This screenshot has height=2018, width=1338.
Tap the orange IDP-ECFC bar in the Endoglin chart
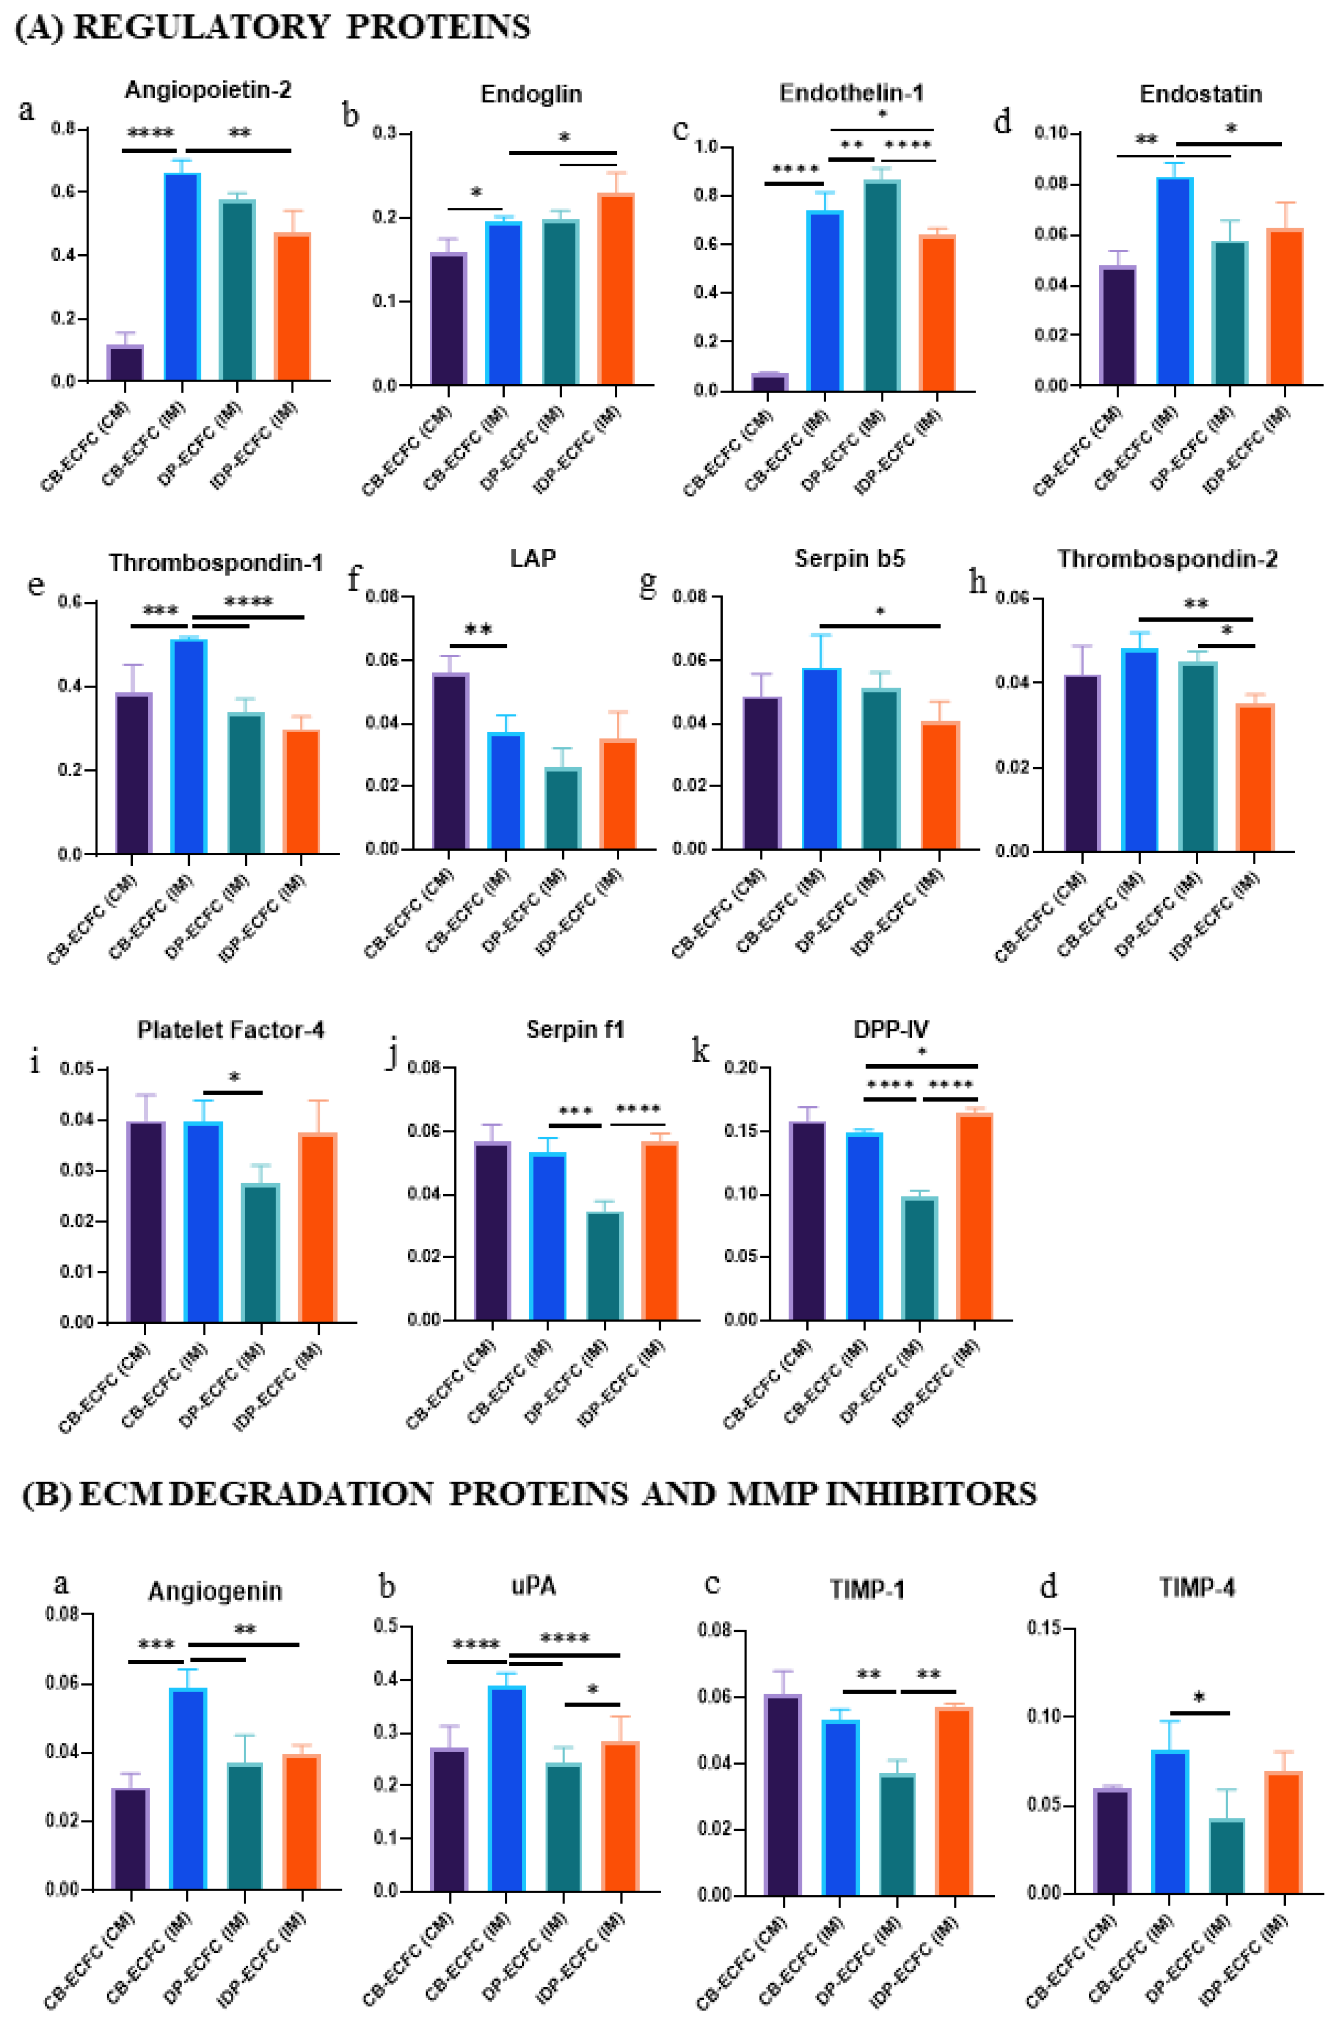coord(615,290)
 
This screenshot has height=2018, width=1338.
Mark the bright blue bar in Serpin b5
coord(821,758)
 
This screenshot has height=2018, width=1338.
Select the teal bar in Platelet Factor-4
coord(260,1252)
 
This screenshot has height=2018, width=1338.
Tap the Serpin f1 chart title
coord(574,1029)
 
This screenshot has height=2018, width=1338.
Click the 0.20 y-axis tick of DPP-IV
coord(741,1067)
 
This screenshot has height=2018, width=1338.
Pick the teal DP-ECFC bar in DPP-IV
coord(919,1257)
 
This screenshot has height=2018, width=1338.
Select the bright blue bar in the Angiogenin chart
coord(188,1788)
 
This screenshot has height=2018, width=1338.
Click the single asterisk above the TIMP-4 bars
coord(1199,1698)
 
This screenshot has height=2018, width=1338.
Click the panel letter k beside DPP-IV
coord(700,1051)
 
